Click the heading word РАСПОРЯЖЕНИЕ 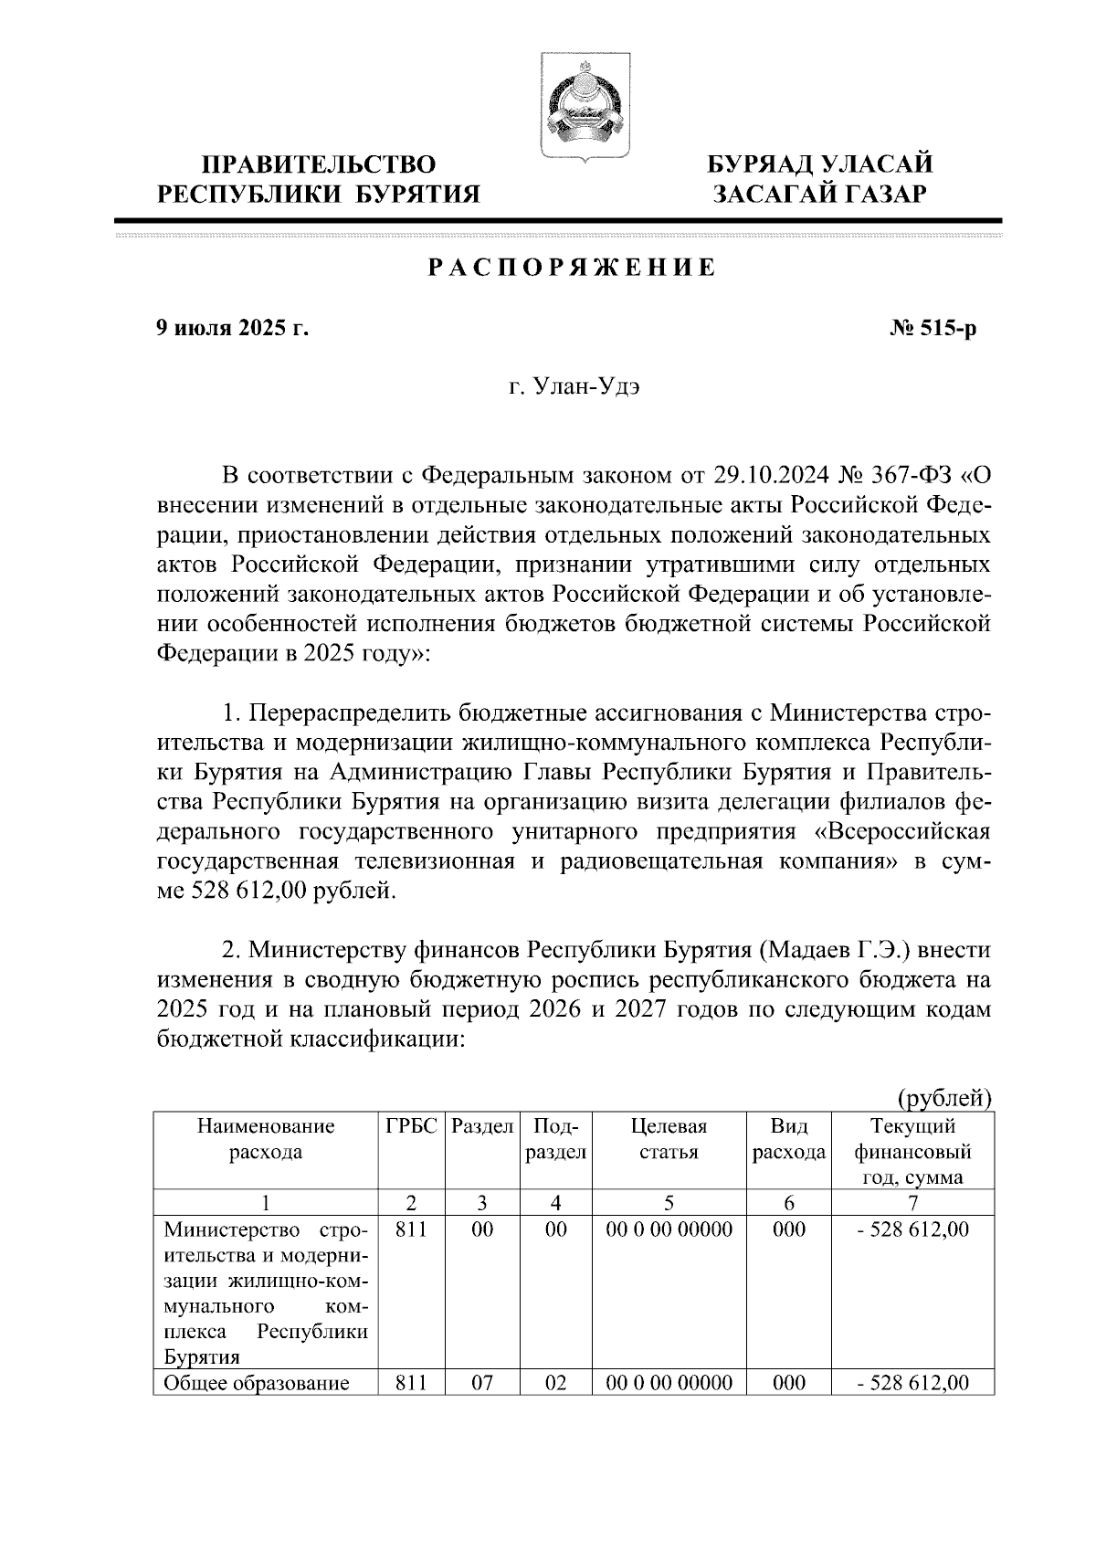click(x=571, y=268)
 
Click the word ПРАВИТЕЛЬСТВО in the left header click(x=318, y=164)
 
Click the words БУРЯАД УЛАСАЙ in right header click(x=822, y=164)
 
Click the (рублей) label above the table click(x=943, y=1096)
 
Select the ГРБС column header click(x=412, y=1126)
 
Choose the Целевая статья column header click(x=669, y=1139)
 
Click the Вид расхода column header click(x=789, y=1139)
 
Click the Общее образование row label click(x=257, y=1383)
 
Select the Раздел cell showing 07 click(x=481, y=1383)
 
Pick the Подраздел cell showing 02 click(x=555, y=1383)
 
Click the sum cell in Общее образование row click(x=912, y=1383)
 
